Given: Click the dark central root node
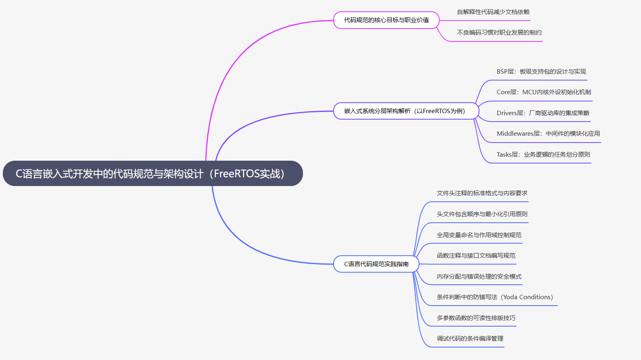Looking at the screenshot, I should tap(153, 174).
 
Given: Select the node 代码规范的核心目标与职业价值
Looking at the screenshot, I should tap(386, 20).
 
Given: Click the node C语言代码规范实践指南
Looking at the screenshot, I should tap(376, 264).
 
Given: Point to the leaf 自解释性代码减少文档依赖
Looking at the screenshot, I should tap(493, 12).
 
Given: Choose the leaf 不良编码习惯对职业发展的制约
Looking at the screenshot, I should tap(499, 33).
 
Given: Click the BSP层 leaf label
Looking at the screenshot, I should tap(541, 72).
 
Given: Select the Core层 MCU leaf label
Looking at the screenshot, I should tap(544, 92).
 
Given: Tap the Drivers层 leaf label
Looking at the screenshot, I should tap(543, 113).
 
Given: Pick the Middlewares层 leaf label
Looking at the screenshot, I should tap(548, 134).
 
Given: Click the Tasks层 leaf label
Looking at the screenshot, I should tap(543, 155).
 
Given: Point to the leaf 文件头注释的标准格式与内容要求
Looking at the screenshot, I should tap(482, 193).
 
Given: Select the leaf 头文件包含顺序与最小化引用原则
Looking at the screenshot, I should tap(482, 214).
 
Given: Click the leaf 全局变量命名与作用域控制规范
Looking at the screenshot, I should tap(479, 235).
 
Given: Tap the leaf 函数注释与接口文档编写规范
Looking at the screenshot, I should tap(476, 256).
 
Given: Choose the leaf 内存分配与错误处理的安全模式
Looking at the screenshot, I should tap(479, 277).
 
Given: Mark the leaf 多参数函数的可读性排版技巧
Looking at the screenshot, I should tap(476, 318).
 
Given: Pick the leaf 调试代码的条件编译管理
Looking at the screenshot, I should tap(470, 339).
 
